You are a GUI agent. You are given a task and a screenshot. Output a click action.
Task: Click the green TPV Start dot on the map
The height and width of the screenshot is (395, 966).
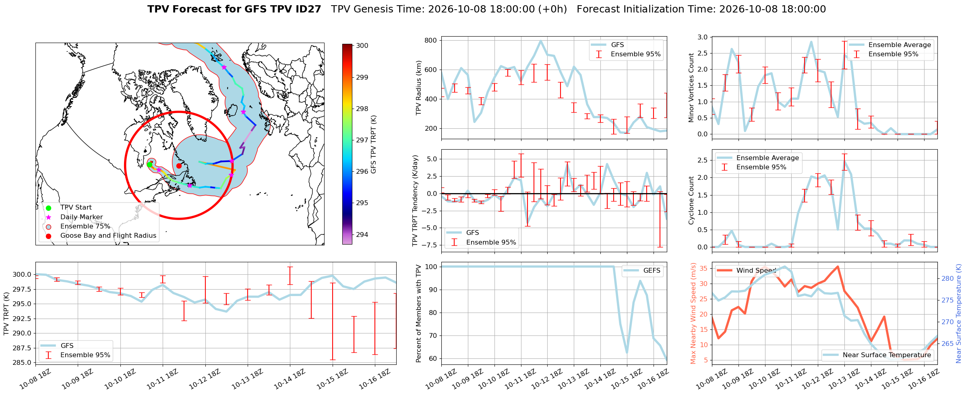pyautogui.click(x=149, y=165)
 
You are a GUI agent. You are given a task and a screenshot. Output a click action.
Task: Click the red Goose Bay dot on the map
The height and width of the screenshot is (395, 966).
pyautogui.click(x=179, y=166)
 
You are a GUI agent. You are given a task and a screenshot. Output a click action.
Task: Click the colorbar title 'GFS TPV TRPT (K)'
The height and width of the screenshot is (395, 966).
pyautogui.click(x=374, y=144)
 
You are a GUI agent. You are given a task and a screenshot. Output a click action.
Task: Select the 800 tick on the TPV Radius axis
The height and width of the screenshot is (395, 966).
pyautogui.click(x=430, y=40)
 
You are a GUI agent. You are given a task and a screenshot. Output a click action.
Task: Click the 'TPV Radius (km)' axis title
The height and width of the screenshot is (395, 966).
pyautogui.click(x=418, y=88)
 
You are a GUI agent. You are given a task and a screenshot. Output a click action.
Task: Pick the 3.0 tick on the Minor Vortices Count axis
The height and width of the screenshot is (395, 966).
pyautogui.click(x=702, y=37)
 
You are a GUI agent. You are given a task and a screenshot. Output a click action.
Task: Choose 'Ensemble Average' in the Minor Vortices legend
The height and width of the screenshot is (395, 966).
pyautogui.click(x=900, y=45)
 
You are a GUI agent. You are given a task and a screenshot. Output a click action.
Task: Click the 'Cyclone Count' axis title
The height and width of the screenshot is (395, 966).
pyautogui.click(x=691, y=200)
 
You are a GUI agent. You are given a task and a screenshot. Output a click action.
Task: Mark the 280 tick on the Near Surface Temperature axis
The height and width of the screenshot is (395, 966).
pyautogui.click(x=947, y=278)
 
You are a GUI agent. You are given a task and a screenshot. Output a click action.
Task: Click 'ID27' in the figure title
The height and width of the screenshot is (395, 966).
pyautogui.click(x=308, y=9)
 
